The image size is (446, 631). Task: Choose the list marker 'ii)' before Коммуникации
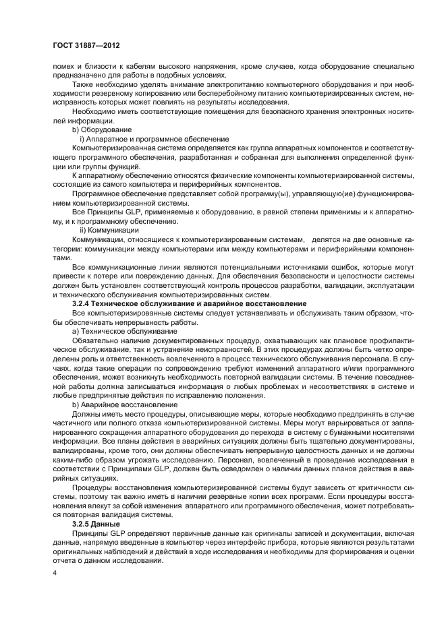tap(84, 230)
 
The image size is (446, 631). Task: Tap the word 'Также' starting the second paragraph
tap(83, 84)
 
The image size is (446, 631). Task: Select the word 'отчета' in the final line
tap(67, 560)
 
